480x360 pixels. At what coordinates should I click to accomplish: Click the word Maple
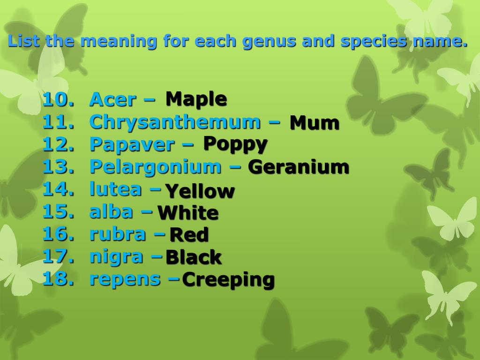pos(196,99)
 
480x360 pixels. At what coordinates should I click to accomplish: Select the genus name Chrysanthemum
pos(174,122)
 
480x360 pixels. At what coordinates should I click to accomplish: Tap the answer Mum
pos(314,123)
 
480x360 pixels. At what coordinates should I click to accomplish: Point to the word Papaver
pos(131,144)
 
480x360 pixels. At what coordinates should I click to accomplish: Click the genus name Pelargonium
pos(155,166)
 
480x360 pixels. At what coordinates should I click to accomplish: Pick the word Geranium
pos(299,167)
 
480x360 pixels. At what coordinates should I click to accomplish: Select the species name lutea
pos(115,189)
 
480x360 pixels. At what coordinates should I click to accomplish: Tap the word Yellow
pos(200,191)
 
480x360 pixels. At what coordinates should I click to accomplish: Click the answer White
pos(187,213)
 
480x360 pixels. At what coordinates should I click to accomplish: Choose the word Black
pos(193,257)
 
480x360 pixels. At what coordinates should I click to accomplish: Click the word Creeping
pos(228,280)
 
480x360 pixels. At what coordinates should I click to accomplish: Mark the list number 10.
pos(58,99)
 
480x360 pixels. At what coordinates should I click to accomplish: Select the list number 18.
pos(58,279)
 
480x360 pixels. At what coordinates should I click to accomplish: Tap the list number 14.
pos(58,189)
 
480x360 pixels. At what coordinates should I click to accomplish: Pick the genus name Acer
pos(112,99)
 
